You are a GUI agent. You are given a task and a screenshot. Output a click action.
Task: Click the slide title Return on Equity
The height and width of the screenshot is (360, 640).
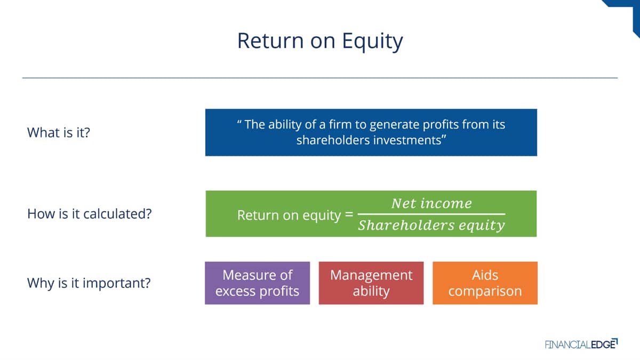click(320, 42)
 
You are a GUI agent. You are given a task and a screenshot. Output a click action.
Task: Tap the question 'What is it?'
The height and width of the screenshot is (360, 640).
click(59, 133)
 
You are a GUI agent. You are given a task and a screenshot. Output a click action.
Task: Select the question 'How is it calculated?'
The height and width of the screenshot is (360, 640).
click(90, 214)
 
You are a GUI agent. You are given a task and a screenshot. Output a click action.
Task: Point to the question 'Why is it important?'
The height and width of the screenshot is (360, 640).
click(89, 283)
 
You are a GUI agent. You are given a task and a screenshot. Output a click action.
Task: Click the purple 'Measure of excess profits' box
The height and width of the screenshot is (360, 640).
click(258, 283)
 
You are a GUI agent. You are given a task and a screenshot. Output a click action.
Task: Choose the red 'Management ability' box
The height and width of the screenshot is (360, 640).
click(371, 283)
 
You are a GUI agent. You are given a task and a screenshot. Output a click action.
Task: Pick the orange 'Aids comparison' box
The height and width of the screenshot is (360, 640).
click(485, 283)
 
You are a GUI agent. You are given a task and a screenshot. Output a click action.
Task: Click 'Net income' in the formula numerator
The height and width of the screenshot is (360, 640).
click(431, 203)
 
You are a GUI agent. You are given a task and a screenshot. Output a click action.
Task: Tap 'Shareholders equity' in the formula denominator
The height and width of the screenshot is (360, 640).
click(431, 226)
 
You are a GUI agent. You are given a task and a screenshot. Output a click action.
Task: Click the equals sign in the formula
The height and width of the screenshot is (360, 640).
click(349, 214)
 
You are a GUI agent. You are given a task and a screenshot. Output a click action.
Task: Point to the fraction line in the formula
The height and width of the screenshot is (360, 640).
click(431, 214)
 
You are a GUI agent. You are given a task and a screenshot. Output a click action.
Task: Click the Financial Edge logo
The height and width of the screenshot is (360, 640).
click(581, 344)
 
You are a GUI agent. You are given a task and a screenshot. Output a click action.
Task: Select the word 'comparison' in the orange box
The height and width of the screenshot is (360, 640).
click(485, 292)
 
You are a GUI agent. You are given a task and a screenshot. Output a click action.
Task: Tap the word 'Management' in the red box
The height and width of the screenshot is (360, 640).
click(371, 275)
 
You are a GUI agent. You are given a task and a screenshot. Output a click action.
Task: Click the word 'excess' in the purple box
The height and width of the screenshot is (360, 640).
click(236, 291)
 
